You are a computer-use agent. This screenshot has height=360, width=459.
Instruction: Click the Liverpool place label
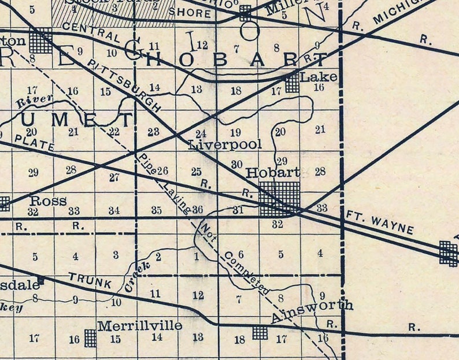(x=225, y=144)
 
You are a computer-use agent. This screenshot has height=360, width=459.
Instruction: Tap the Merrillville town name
(x=139, y=326)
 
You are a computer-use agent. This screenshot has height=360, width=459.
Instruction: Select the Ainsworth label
(x=312, y=306)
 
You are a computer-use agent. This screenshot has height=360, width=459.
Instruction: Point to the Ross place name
(x=48, y=201)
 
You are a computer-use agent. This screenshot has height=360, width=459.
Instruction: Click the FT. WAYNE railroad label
(x=380, y=222)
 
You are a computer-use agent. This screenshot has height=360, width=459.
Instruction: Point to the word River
(x=35, y=101)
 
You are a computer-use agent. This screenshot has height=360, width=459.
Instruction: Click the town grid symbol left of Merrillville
(x=90, y=338)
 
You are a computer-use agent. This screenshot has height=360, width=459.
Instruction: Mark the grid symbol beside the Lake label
(x=293, y=83)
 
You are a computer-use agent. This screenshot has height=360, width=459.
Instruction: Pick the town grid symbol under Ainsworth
(x=260, y=332)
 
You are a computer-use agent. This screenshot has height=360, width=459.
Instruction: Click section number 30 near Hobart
(x=236, y=164)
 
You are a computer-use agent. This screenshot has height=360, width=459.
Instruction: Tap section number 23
(x=153, y=132)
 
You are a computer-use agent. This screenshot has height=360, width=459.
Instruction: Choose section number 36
(x=198, y=209)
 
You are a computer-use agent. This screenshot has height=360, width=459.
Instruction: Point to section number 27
(x=114, y=177)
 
